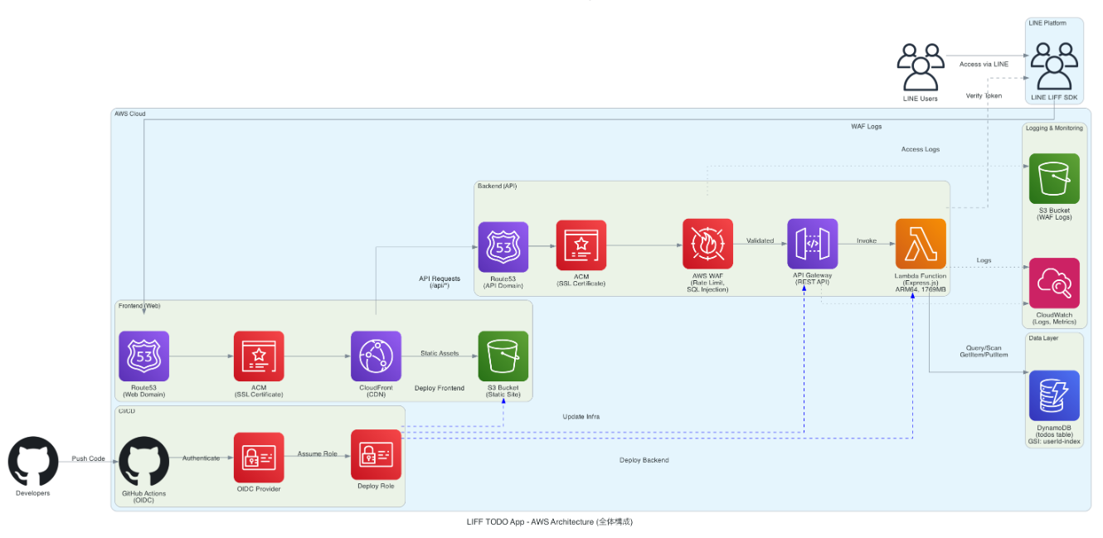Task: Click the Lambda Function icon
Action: pos(921,244)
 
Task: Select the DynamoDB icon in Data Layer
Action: pos(1054,395)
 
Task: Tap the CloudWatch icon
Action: pos(1054,283)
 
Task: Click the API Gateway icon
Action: pos(813,244)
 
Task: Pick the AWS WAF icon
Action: pos(707,244)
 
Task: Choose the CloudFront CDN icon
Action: pos(376,356)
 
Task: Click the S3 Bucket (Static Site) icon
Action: pos(503,356)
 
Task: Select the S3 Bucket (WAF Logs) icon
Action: pos(1054,178)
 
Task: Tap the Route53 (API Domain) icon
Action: pos(503,246)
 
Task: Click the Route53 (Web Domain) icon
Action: pos(143,356)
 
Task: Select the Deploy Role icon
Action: pos(377,454)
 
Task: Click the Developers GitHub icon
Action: pos(33,462)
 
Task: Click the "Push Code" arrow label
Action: pos(89,458)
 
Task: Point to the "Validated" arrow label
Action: pos(760,241)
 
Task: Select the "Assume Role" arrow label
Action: pos(318,453)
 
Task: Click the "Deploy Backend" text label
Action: pos(644,460)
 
